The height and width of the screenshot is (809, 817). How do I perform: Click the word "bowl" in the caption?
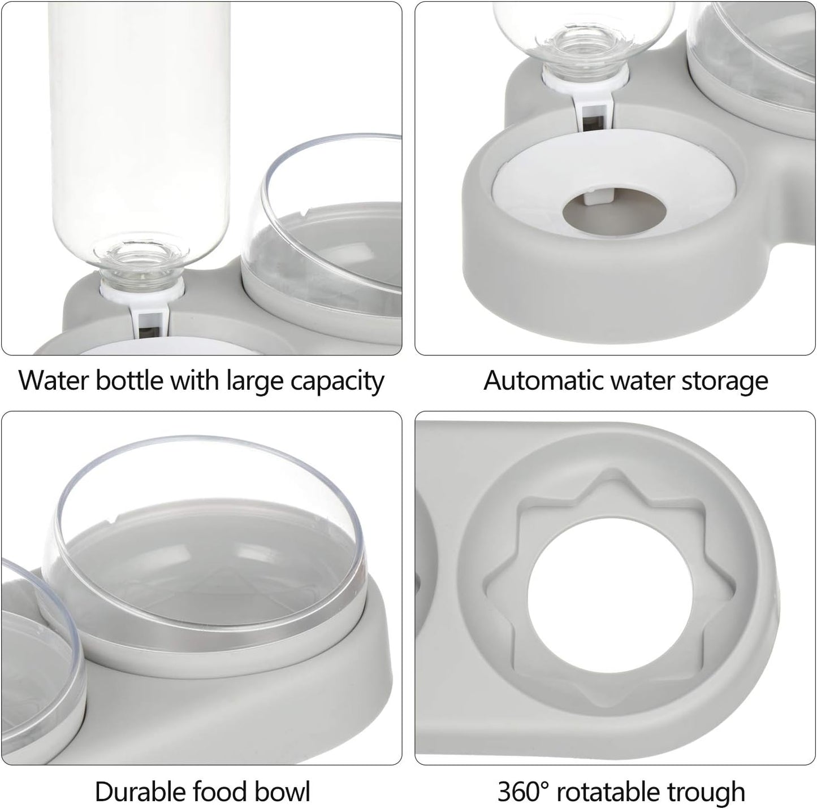pos(283,791)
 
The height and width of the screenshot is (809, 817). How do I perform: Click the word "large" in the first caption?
pos(255,382)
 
